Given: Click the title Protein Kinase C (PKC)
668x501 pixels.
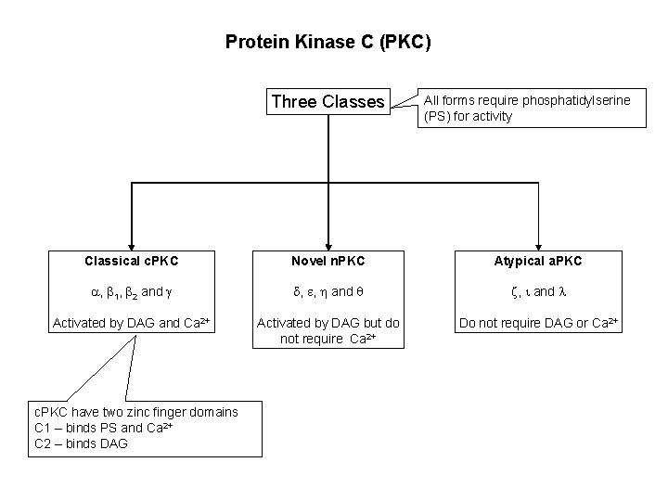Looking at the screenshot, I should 328,43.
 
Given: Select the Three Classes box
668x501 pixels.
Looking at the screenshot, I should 328,102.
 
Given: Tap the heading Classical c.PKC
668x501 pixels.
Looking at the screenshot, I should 131,262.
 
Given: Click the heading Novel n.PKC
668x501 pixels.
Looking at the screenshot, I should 328,262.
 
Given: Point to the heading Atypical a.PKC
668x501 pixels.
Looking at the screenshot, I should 539,262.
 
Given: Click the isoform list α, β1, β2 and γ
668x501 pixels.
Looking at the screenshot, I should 131,292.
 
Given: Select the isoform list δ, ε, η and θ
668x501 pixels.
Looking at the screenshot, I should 328,292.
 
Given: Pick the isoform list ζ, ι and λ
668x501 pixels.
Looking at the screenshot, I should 539,292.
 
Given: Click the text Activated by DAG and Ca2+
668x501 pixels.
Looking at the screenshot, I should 131,323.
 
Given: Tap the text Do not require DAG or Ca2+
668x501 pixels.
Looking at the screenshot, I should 539,323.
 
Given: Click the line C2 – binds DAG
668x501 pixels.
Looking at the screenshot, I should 82,444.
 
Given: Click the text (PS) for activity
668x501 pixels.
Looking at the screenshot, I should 468,117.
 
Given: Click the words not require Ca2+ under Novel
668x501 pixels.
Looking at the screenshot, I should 328,340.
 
